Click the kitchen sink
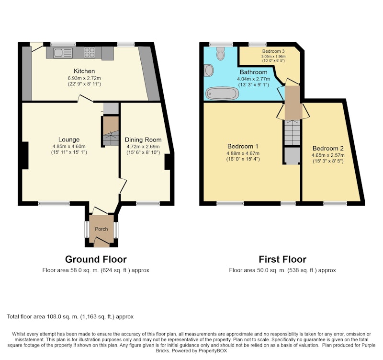pyautogui.click(x=63, y=53)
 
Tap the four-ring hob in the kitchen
pyautogui.click(x=90, y=52)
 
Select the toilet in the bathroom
pyautogui.click(x=221, y=53)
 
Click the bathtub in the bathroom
pyautogui.click(x=222, y=93)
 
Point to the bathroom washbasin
pyautogui.click(x=209, y=70)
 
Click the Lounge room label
pyautogui.click(x=69, y=139)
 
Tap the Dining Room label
pyautogui.click(x=143, y=139)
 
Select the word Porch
pyautogui.click(x=101, y=229)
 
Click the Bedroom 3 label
pyautogui.click(x=273, y=51)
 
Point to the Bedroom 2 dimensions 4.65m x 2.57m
pyautogui.click(x=328, y=155)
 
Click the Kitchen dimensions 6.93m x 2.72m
pyautogui.click(x=84, y=78)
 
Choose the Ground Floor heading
pyautogui.click(x=96, y=259)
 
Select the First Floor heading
pyautogui.click(x=282, y=259)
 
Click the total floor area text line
pyautogui.click(x=70, y=317)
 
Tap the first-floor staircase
pyautogui.click(x=292, y=133)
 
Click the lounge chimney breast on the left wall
pyautogui.click(x=25, y=155)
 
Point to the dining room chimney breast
pyautogui.click(x=167, y=162)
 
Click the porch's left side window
pyautogui.click(x=87, y=230)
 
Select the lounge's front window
pyautogui.click(x=54, y=203)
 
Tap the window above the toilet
pyautogui.click(x=221, y=44)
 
